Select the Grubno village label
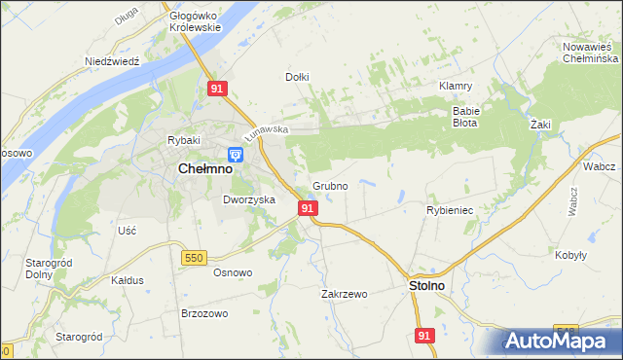[330, 185]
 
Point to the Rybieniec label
[450, 209]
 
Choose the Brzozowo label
[204, 313]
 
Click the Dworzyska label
[249, 199]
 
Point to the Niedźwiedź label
[113, 60]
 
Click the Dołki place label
[297, 76]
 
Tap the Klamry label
[456, 86]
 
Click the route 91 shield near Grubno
[308, 208]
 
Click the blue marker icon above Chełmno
[235, 155]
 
